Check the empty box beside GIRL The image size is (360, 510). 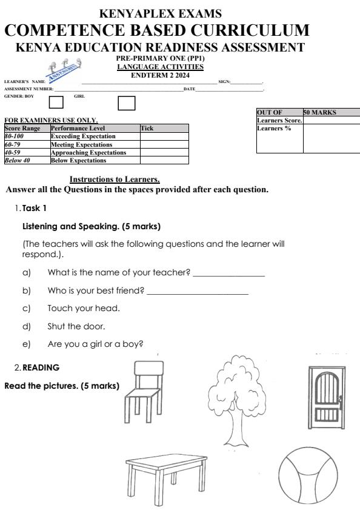point(126,102)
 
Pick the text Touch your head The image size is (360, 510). point(84,308)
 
